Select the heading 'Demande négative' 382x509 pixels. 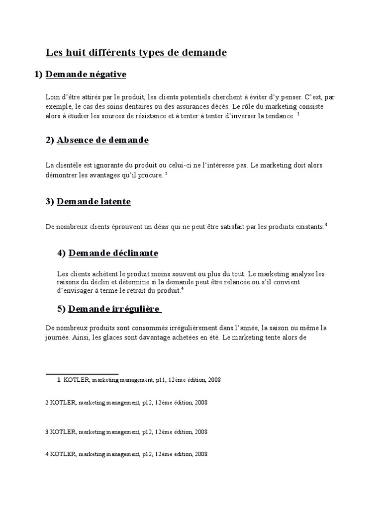[x=86, y=75]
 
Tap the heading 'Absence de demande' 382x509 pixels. [x=102, y=140]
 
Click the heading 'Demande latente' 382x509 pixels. [x=94, y=202]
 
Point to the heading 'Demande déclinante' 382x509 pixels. [x=113, y=254]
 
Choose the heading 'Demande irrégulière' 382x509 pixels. [x=114, y=309]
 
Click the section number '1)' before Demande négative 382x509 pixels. [x=39, y=75]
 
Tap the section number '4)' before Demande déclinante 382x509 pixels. [x=62, y=254]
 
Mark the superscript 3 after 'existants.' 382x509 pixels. [x=325, y=225]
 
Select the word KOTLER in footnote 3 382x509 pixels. [x=63, y=432]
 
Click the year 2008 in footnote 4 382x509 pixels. [x=201, y=454]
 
